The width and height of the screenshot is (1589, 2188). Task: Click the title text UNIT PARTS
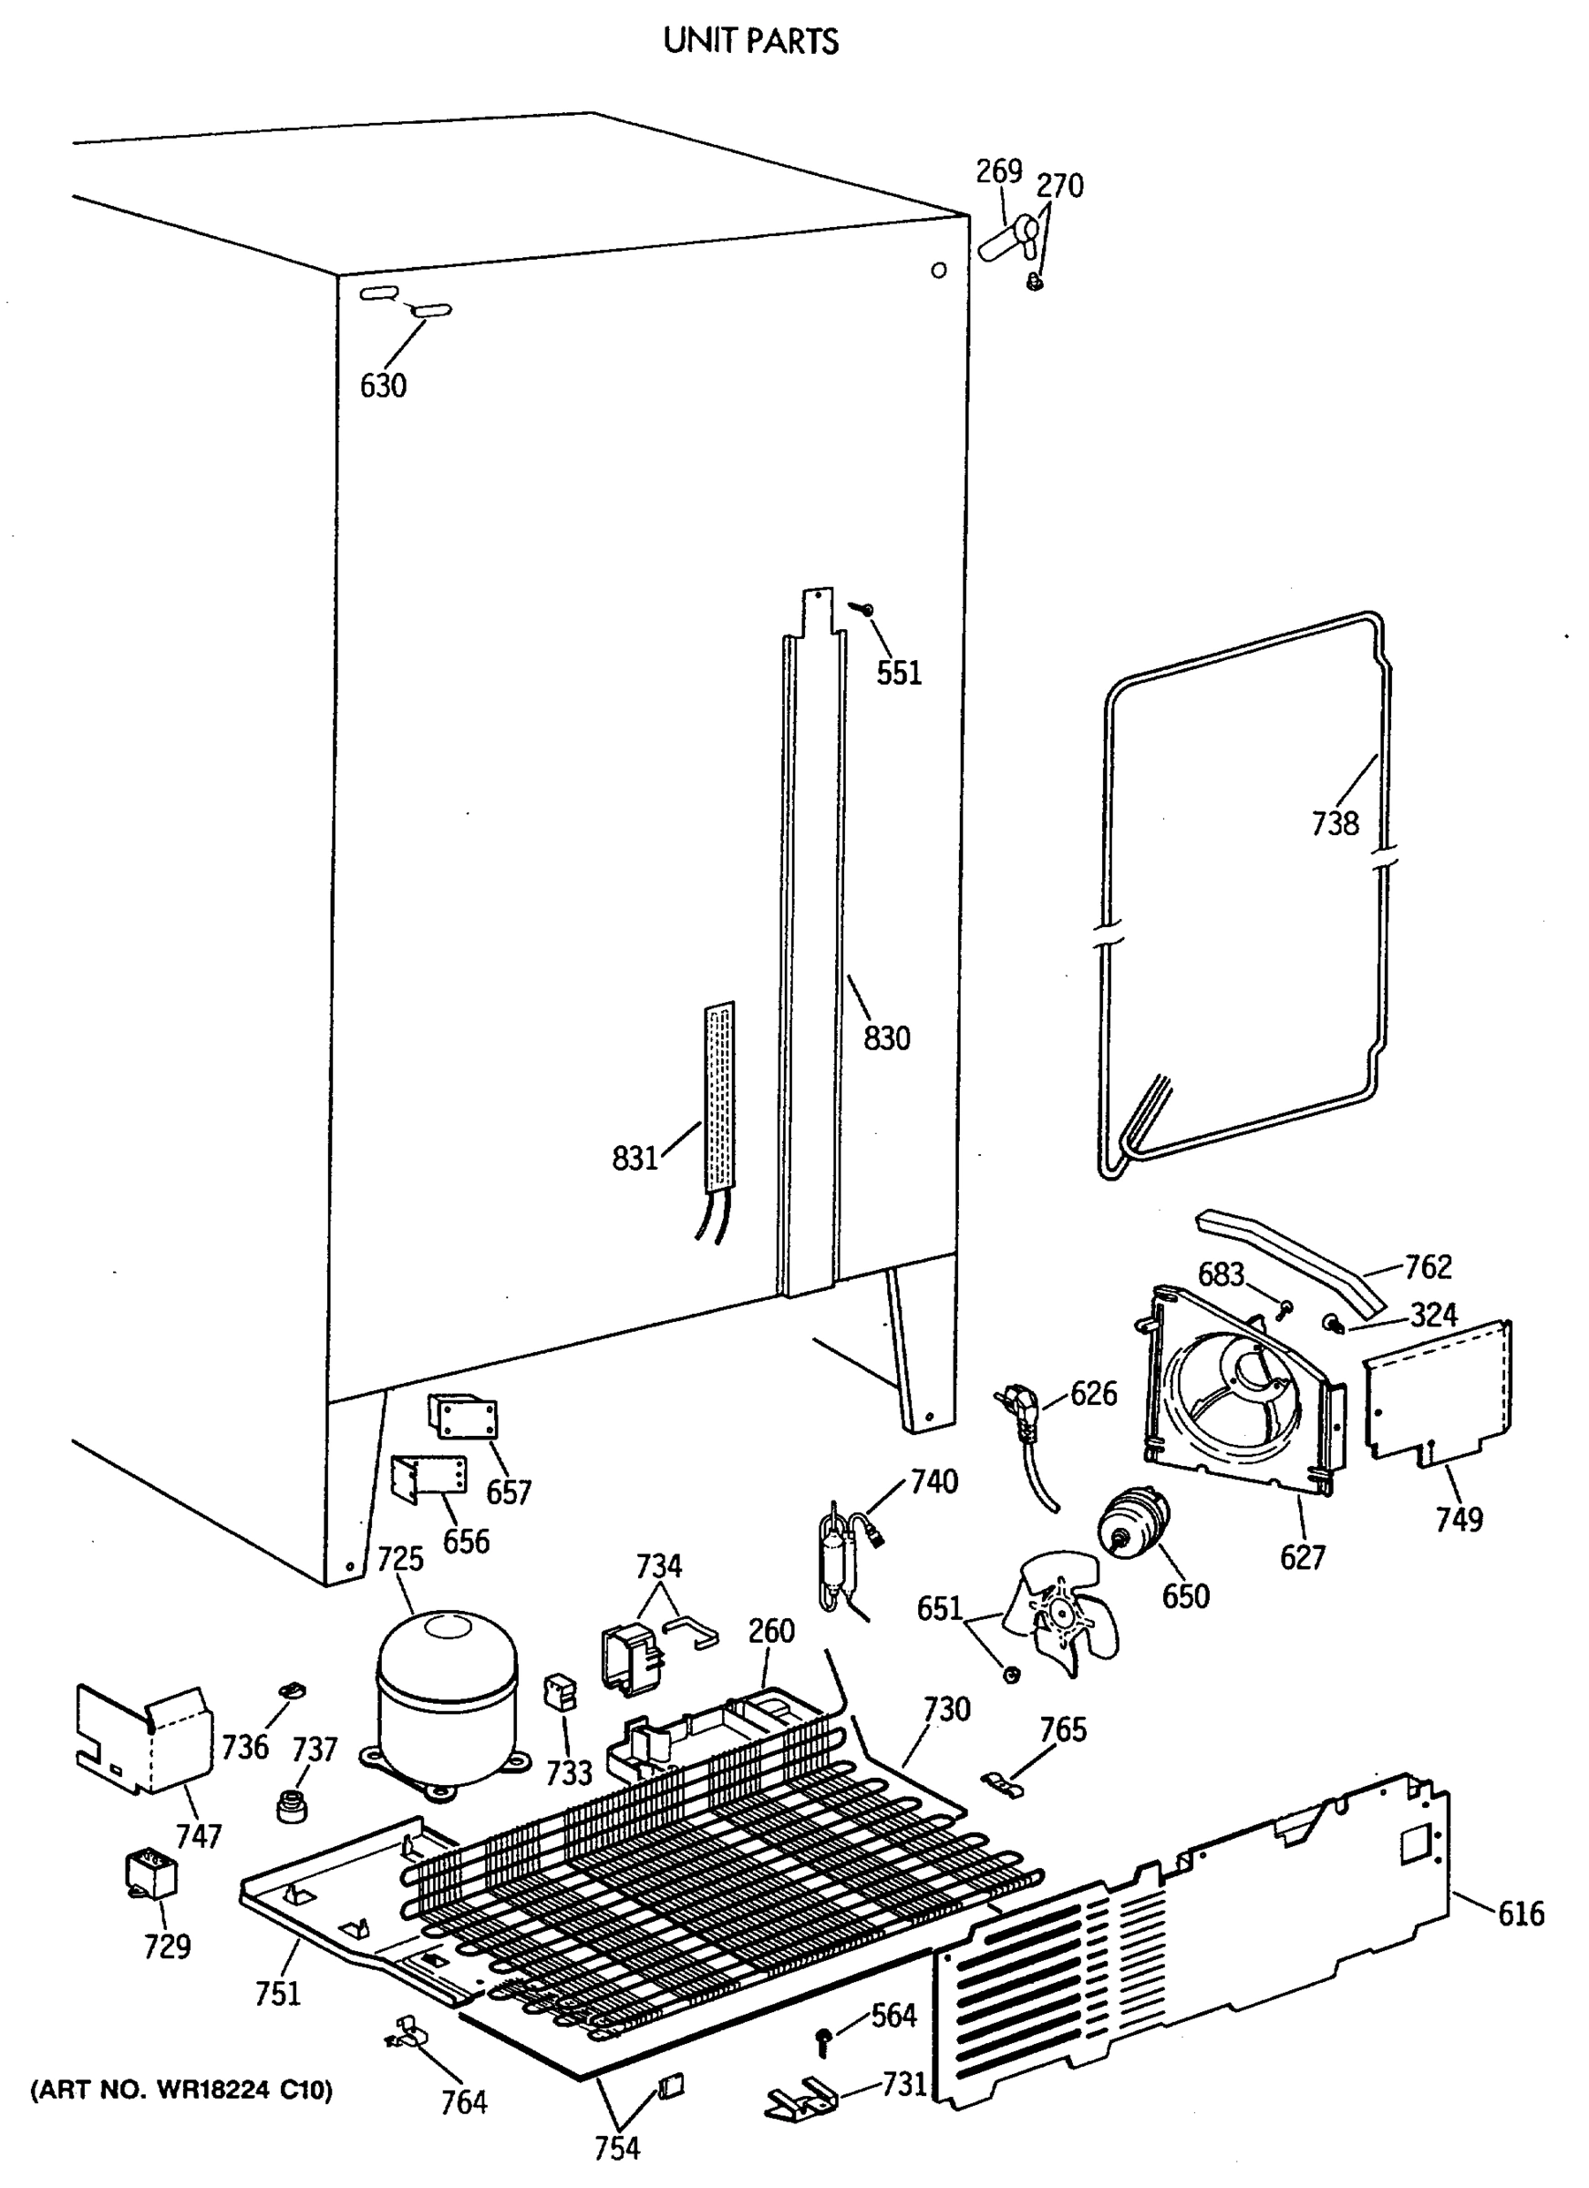pos(750,42)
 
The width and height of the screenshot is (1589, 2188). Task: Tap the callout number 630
pos(383,386)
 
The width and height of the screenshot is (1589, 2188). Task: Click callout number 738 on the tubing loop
pos(1335,823)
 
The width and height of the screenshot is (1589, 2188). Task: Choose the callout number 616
pos(1521,1912)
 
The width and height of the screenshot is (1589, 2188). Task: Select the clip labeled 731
pos(799,2099)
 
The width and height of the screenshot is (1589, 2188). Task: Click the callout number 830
pos(886,1038)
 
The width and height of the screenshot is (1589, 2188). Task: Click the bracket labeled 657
pos(463,1417)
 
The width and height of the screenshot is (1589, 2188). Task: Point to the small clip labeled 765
pos(1003,1783)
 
